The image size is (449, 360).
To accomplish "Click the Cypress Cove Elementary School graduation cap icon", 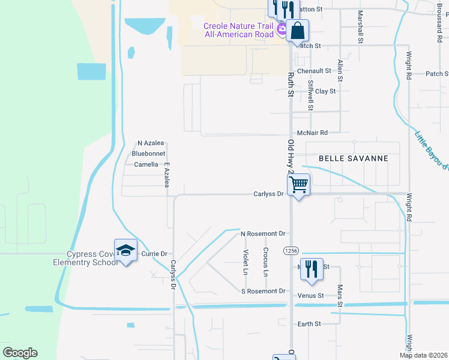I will click(125, 251).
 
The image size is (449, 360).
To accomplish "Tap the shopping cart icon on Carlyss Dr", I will click(298, 184).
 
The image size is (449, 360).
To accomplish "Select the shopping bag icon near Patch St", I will click(297, 30).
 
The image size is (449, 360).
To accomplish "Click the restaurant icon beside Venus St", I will click(311, 268).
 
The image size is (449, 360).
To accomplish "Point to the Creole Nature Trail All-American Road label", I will click(239, 29).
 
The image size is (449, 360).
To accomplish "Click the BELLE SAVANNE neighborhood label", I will click(353, 158).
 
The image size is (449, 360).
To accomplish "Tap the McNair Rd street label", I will click(313, 133).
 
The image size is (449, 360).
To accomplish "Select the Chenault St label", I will click(315, 71).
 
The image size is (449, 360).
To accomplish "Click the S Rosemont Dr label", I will click(263, 291).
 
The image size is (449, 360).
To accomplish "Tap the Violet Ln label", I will click(246, 262).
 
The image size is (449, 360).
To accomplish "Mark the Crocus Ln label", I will click(265, 262).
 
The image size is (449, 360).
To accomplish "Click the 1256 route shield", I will click(291, 249).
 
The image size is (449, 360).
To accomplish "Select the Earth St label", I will click(309, 323).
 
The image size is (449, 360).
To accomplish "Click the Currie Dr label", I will click(154, 254).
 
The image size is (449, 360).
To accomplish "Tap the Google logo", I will click(20, 353).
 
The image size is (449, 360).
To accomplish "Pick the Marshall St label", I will click(360, 26).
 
